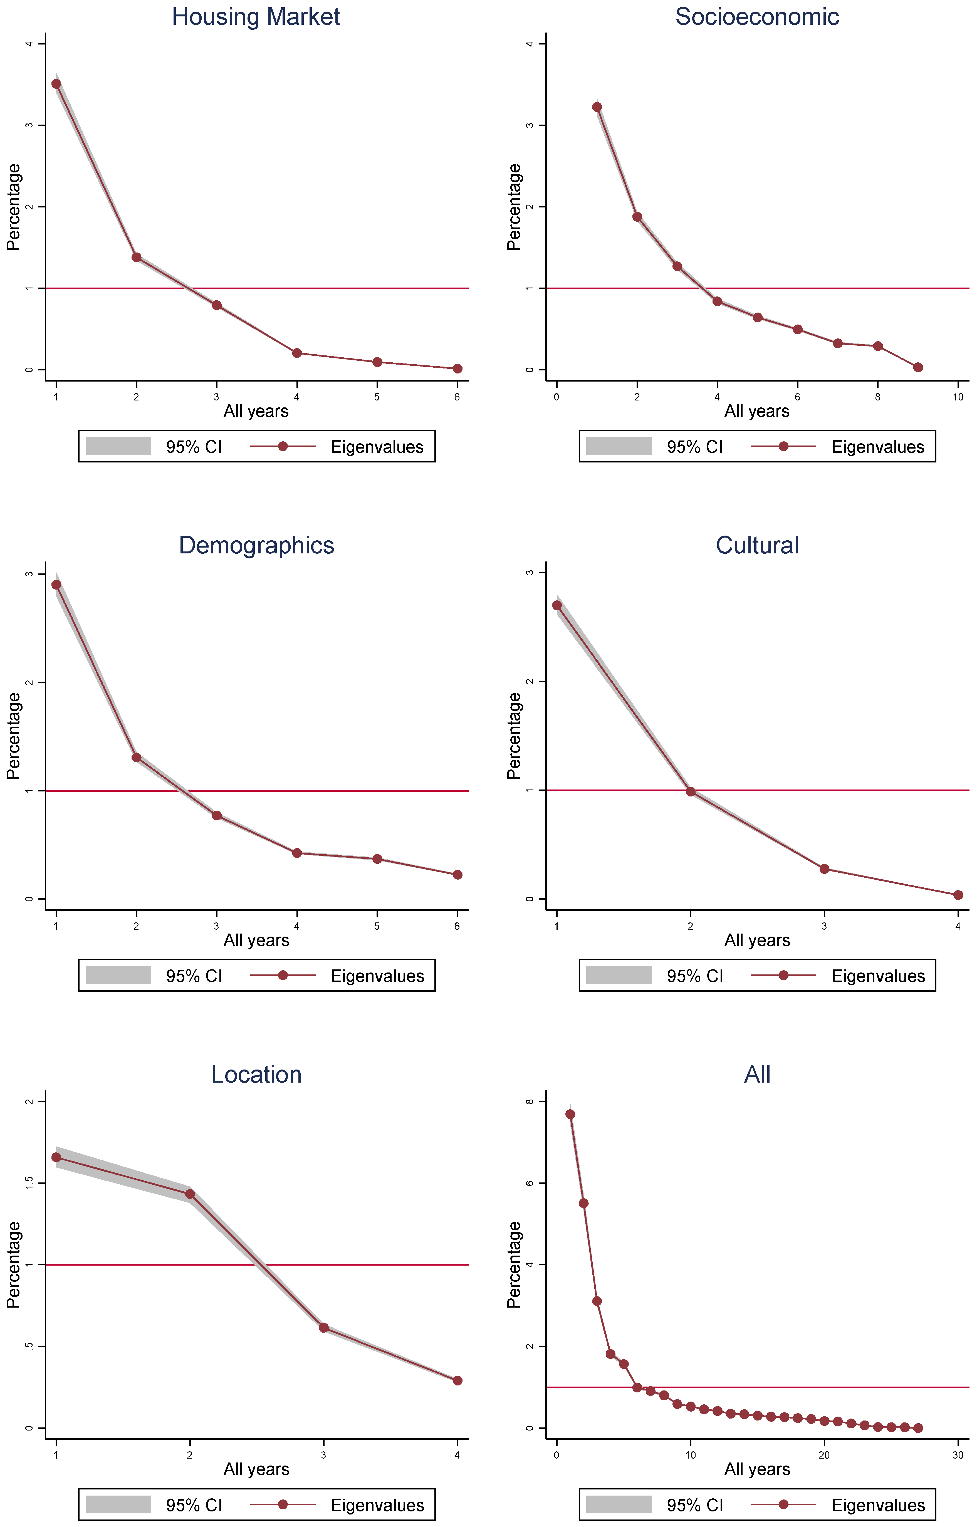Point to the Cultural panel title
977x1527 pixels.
pos(757,545)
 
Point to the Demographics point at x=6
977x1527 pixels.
pos(457,875)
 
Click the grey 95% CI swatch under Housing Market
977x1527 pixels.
pos(119,446)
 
